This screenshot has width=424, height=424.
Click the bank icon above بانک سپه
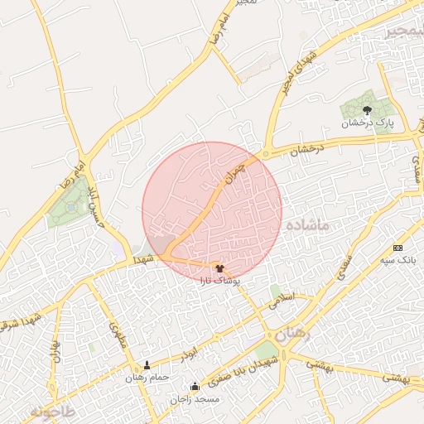pos(397,248)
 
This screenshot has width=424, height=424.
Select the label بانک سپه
pos(398,260)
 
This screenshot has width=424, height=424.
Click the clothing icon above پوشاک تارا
pos(219,267)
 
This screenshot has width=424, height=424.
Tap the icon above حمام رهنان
pos(147,365)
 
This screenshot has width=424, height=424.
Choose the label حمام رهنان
pos(147,378)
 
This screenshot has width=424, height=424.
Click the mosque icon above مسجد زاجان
pos(195,386)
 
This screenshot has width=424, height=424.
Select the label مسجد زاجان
pos(195,399)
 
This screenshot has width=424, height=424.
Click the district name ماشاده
pos(308,225)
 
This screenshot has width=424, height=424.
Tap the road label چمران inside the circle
pos(235,172)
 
